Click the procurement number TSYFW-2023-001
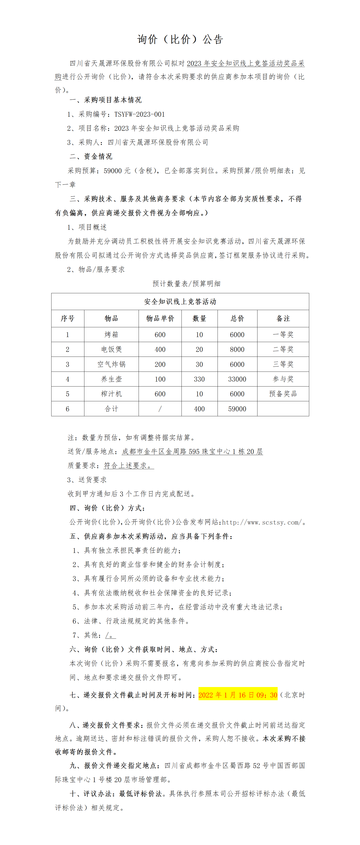click(139, 114)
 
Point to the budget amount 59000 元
click(117, 171)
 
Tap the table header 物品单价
click(160, 318)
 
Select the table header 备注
click(283, 318)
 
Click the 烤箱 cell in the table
click(111, 335)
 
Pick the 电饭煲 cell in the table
click(111, 349)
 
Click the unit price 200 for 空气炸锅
click(160, 364)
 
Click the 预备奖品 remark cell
click(283, 394)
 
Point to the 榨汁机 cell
click(111, 394)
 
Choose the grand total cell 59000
click(237, 409)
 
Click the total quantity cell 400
click(199, 409)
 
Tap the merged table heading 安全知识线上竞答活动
click(180, 301)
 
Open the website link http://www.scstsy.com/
click(262, 522)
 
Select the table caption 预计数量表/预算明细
click(186, 283)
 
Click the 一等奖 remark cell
click(283, 335)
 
